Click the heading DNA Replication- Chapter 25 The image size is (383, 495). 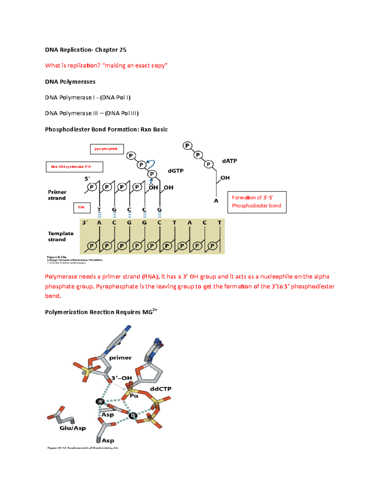click(86, 50)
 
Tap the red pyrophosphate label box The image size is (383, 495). click(107, 149)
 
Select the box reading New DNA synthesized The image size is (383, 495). click(74, 167)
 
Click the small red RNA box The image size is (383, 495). click(82, 207)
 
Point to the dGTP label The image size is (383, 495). click(176, 171)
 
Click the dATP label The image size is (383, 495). click(229, 161)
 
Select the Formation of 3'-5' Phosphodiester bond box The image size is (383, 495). click(257, 202)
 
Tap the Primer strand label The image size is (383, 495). click(57, 195)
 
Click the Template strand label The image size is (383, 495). click(60, 237)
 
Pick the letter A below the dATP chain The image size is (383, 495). click(216, 201)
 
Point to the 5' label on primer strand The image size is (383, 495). click(87, 179)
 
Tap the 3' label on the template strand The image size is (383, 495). click(85, 222)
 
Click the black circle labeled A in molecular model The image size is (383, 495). click(100, 402)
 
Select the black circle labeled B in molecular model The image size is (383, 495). click(133, 415)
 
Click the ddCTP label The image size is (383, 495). click(161, 389)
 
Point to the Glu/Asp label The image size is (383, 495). click(73, 428)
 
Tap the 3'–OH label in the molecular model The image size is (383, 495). click(121, 378)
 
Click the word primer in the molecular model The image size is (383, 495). click(120, 358)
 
